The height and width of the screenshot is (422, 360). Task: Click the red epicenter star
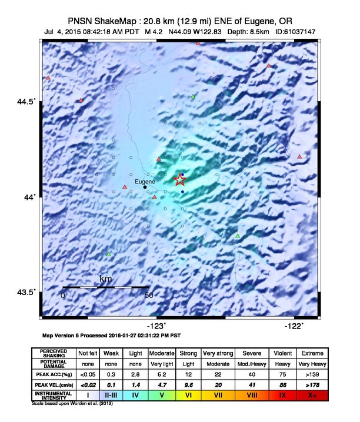(180, 180)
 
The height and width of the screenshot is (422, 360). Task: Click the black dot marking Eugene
(145, 187)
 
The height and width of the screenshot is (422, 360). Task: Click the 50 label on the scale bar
(149, 295)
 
